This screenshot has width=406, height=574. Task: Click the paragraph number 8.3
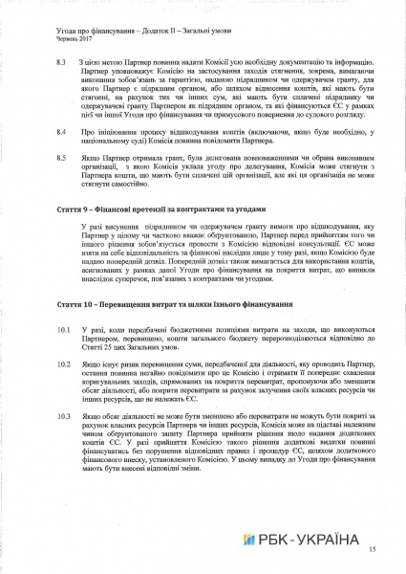[60, 60]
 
